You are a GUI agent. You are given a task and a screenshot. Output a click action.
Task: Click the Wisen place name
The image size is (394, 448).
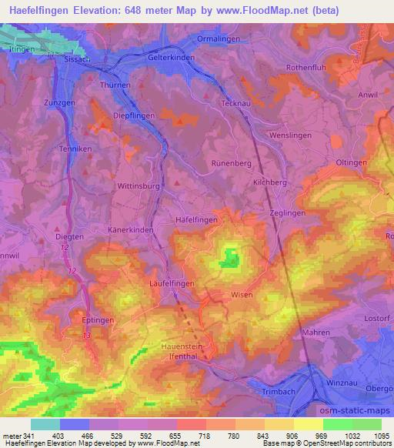tap(242, 294)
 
